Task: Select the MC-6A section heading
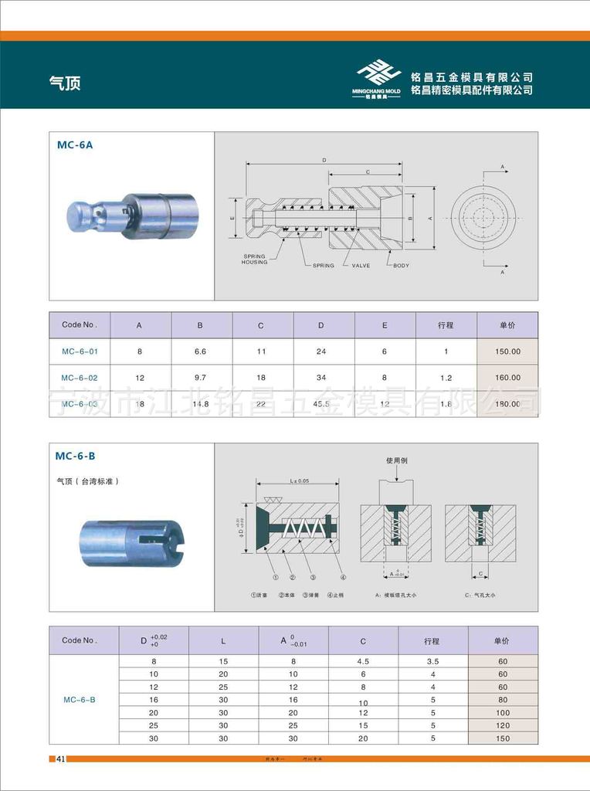point(75,144)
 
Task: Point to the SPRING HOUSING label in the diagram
point(254,259)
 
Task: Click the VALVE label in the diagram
point(361,266)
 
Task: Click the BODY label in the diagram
point(401,266)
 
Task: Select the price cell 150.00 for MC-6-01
point(507,351)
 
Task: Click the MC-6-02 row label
point(80,378)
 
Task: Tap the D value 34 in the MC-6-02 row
point(321,378)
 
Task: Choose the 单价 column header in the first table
point(507,325)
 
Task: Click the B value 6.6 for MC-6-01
point(200,351)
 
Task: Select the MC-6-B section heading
point(76,456)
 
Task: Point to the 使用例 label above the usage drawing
point(396,460)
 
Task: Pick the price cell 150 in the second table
point(503,738)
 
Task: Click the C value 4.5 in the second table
point(363,661)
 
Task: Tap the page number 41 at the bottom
point(60,759)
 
